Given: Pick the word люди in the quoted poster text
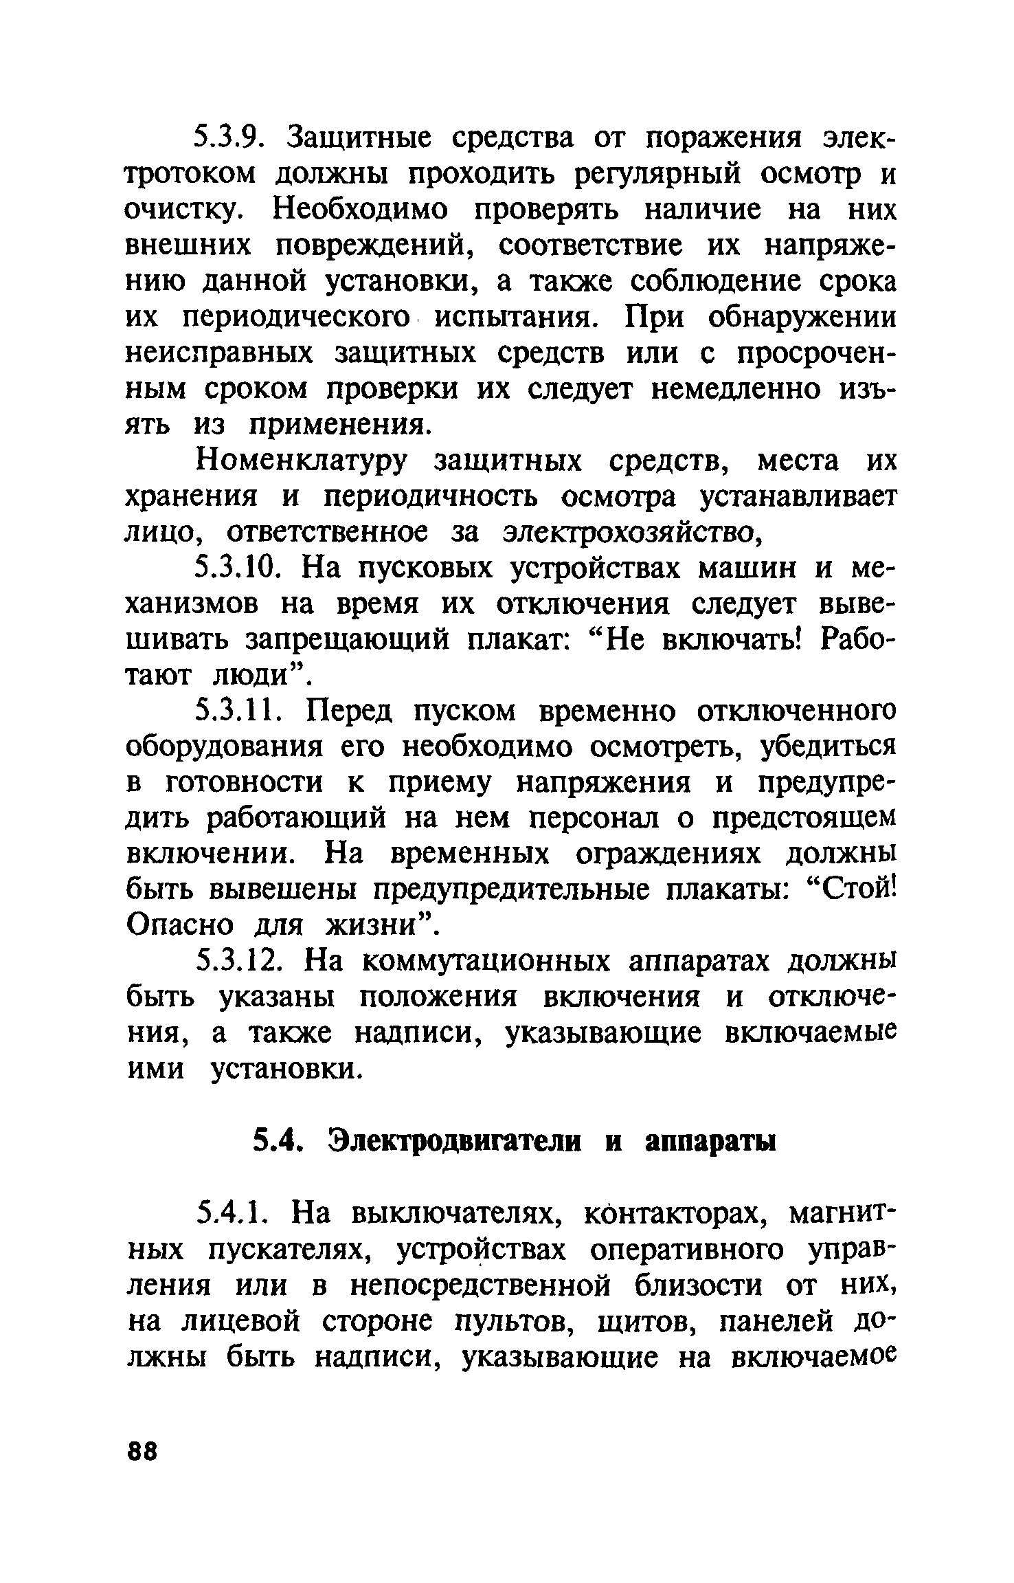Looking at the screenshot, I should [x=257, y=676].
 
